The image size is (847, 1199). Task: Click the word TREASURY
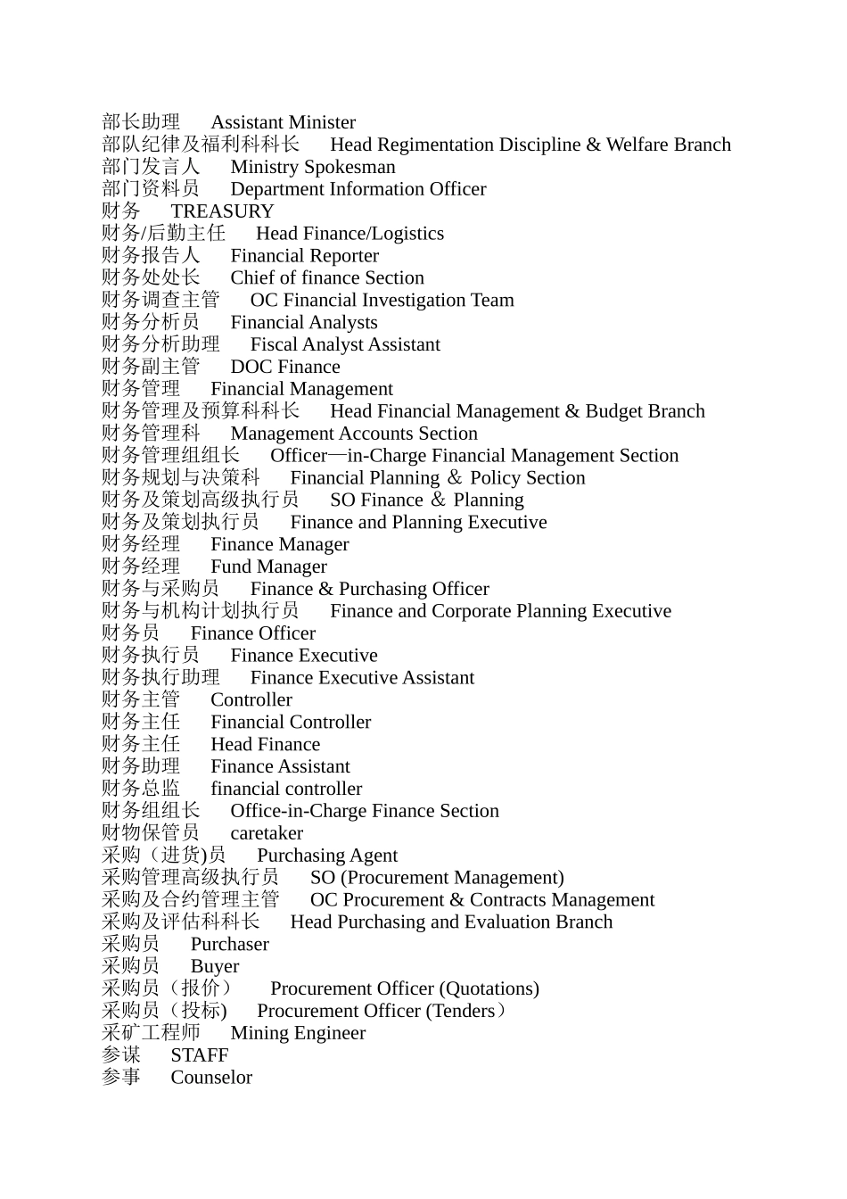(x=222, y=211)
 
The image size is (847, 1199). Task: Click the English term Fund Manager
(x=268, y=566)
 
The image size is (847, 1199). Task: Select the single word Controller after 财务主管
(x=251, y=700)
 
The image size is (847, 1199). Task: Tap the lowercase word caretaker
(x=267, y=833)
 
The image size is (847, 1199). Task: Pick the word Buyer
(x=215, y=966)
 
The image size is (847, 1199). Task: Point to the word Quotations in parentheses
(x=489, y=988)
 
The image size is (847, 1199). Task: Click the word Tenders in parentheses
(x=463, y=1011)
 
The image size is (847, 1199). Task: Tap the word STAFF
(x=200, y=1055)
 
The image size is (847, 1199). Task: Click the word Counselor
(x=211, y=1078)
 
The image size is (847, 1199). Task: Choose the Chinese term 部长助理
(x=141, y=122)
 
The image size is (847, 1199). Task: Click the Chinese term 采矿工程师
(x=151, y=1033)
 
